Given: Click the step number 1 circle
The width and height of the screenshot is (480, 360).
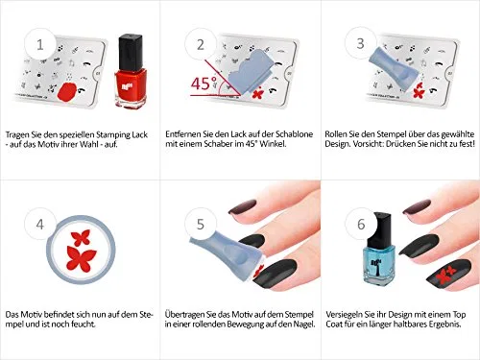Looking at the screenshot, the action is [40, 44].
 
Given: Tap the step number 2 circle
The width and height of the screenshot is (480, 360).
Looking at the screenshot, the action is [201, 44].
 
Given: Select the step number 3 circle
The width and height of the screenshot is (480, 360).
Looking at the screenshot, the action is [361, 43].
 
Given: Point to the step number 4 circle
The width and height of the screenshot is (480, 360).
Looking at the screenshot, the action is [40, 224].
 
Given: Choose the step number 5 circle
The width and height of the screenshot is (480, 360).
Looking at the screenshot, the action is [201, 224].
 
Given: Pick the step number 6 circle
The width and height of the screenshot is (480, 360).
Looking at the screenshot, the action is [361, 224].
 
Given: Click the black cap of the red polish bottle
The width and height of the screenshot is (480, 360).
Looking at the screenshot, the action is [131, 53].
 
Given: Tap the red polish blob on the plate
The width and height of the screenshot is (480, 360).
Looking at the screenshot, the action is [67, 91].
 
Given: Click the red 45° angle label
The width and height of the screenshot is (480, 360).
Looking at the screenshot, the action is [204, 84].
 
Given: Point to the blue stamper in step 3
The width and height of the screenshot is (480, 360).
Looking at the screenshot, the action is [394, 67].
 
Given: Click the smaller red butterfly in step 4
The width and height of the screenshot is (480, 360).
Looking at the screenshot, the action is [81, 237].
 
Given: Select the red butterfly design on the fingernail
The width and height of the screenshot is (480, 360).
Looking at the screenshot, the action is [446, 275].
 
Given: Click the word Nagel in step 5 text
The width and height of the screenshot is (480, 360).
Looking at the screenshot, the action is [304, 324].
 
